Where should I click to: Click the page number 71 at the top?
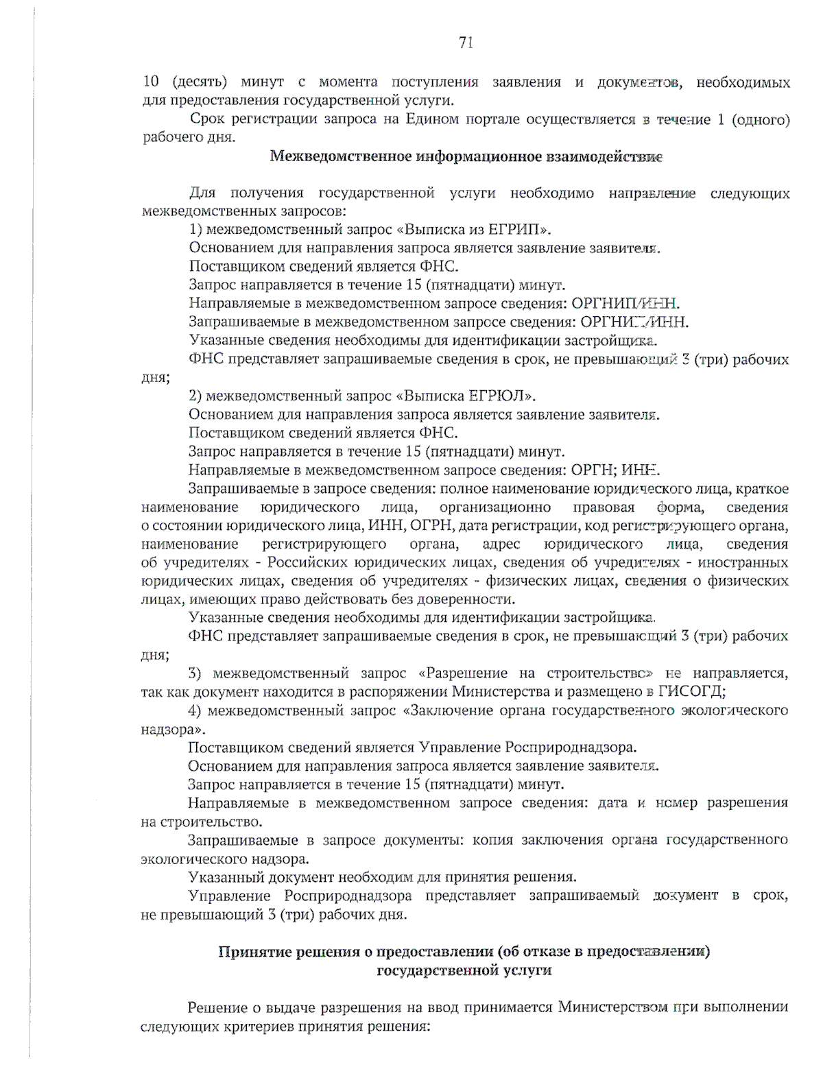(x=466, y=43)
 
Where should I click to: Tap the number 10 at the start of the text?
(x=150, y=82)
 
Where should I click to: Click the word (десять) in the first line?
(x=200, y=82)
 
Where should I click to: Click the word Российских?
(x=307, y=562)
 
